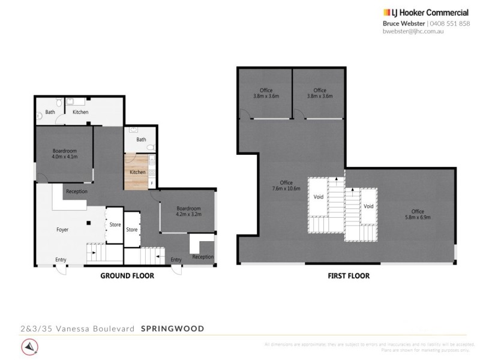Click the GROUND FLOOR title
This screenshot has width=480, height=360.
pos(127,276)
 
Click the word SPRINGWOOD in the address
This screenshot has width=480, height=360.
pos(172,328)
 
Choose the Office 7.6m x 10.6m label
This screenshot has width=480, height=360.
pos(286,187)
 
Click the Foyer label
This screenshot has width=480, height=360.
pos(62,229)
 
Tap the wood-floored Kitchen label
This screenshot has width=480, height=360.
pos(137,173)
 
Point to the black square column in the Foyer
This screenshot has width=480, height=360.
pos(89,223)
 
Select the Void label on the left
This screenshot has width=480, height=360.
pos(319,197)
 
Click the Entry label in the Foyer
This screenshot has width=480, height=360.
pos(61,259)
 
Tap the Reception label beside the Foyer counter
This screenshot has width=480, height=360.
pos(77,191)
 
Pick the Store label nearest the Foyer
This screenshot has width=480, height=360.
pos(115,225)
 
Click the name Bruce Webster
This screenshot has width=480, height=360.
pos(405,23)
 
